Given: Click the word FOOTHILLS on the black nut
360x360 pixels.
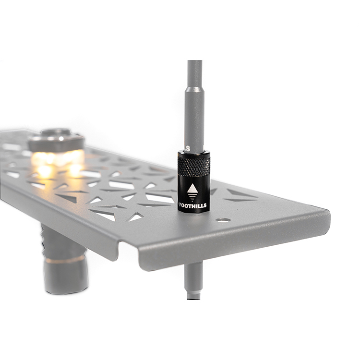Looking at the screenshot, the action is (192, 205).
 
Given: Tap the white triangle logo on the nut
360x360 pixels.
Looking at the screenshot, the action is (192, 188).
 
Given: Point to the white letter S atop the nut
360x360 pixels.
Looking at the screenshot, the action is (188, 148).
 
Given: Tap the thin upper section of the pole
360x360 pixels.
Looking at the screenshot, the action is (195, 73).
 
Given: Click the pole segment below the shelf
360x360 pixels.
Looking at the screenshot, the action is (194, 281).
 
